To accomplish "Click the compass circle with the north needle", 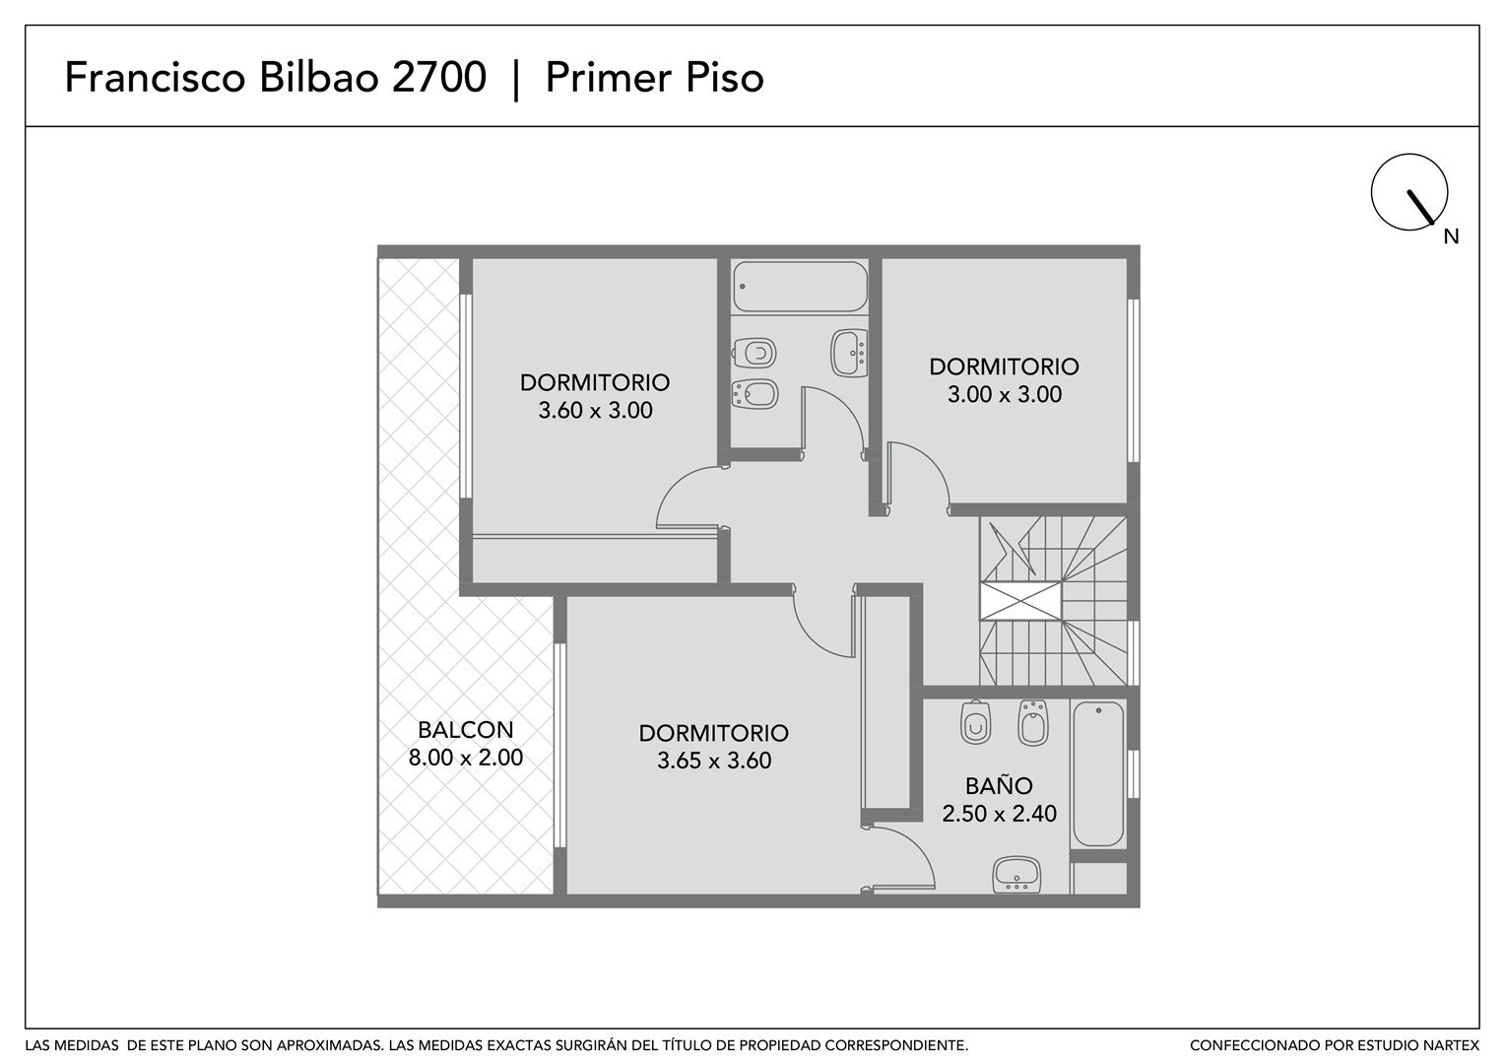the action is coord(1372,191).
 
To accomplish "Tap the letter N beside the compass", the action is coord(1451,236).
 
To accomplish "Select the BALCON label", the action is coord(466,729).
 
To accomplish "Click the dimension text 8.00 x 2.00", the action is coord(466,758).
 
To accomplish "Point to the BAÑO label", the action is coord(999,785).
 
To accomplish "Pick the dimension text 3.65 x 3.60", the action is coord(714,761).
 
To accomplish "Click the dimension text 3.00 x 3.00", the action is coord(1005,394).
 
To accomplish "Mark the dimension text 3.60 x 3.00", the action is coord(595,410).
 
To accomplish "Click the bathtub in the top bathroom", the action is coord(800,287).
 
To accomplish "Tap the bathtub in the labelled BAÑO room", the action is coord(1098,773).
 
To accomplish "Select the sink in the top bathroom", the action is coord(849,353).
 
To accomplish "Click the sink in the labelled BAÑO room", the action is coord(1016,875).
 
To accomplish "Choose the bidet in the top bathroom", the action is coord(755,394).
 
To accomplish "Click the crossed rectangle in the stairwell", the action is coord(1020,602).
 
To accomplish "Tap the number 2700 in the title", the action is coord(438,77).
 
